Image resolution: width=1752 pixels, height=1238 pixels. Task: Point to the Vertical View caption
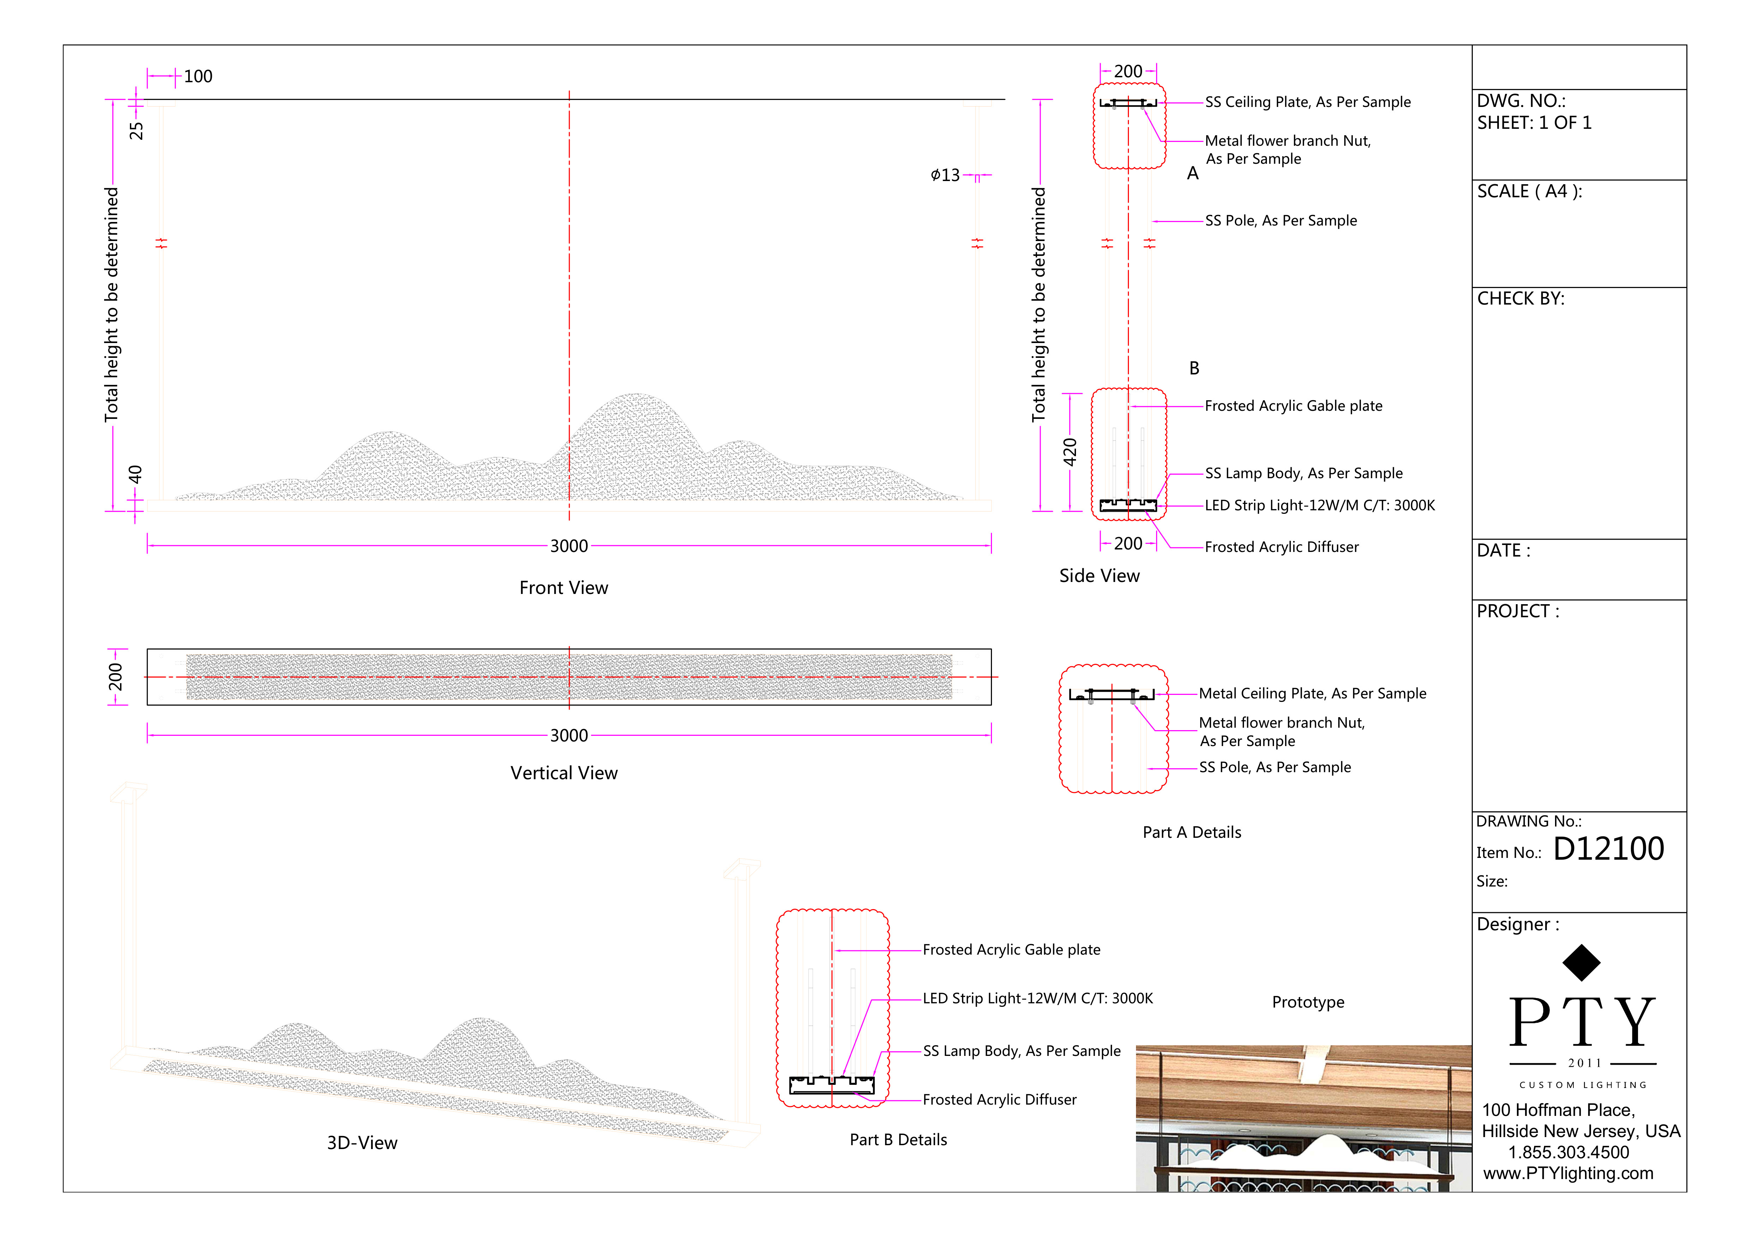[x=564, y=774]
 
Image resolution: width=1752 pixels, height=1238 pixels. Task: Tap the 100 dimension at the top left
[x=198, y=76]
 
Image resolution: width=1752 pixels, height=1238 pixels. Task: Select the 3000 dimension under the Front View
[x=569, y=546]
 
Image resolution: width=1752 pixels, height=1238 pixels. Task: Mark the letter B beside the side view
[x=1194, y=368]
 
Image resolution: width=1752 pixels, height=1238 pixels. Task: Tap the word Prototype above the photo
[x=1308, y=1002]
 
